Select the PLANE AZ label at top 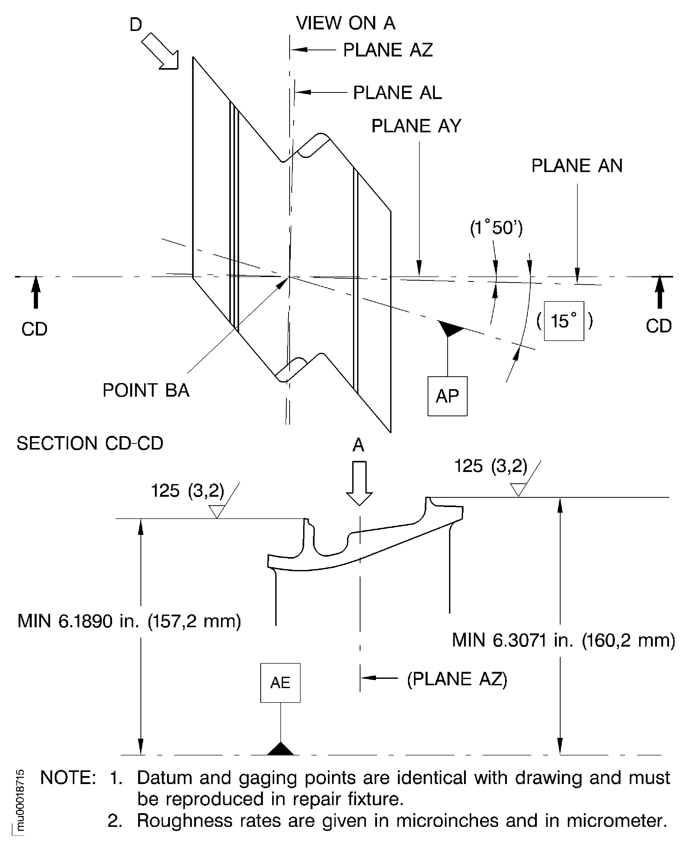pyautogui.click(x=388, y=50)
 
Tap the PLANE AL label pyautogui.click(x=397, y=93)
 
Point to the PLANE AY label pyautogui.click(x=416, y=126)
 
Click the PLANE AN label pyautogui.click(x=577, y=166)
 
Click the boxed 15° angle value pyautogui.click(x=564, y=321)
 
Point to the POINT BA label pyautogui.click(x=146, y=390)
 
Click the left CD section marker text pyautogui.click(x=34, y=329)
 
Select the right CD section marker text pyautogui.click(x=658, y=326)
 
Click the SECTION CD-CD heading pyautogui.click(x=90, y=443)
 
